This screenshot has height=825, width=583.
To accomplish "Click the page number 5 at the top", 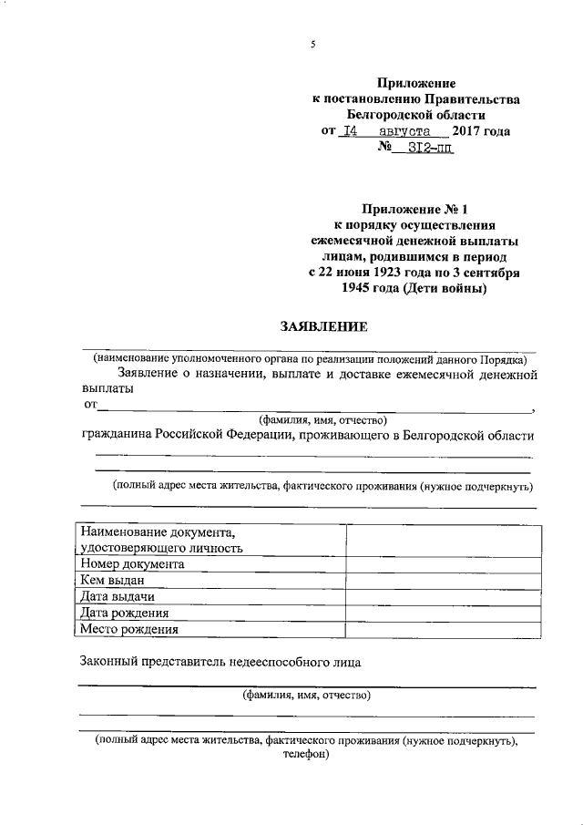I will (312, 45).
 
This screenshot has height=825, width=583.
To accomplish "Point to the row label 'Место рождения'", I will (128, 629).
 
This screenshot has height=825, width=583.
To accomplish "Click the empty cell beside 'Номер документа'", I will (440, 563).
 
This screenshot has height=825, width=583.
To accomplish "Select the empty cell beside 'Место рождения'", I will (440, 629).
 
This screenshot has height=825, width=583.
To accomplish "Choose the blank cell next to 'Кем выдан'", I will (440, 580).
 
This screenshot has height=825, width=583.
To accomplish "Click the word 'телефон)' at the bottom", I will (306, 756).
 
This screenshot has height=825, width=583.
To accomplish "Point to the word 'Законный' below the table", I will (110, 662).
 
